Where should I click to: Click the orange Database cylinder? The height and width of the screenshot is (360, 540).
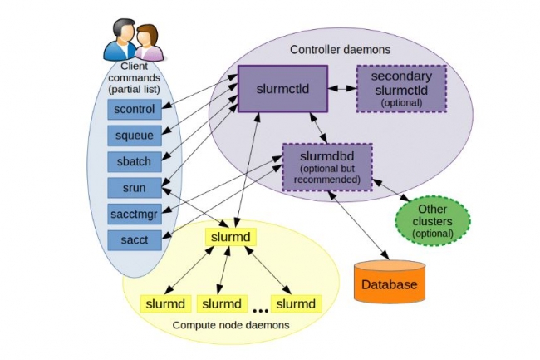389,284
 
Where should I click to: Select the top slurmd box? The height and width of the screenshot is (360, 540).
231,237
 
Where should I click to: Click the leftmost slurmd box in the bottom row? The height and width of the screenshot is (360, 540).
166,302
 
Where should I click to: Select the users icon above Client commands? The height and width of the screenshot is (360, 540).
132,39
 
